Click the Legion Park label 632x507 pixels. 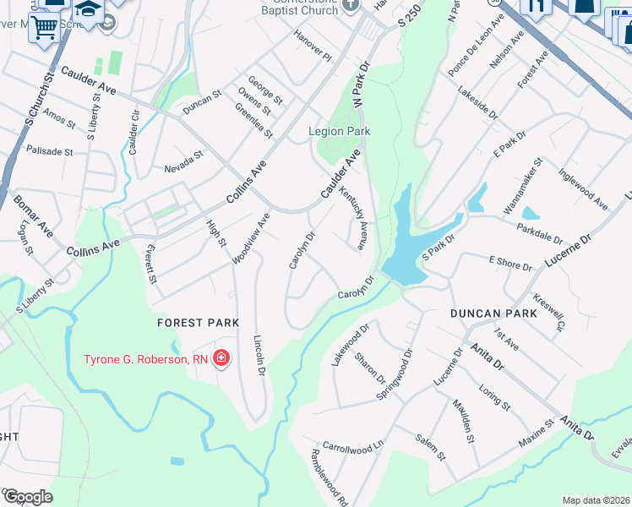(340, 132)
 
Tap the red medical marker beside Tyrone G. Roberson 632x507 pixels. (221, 359)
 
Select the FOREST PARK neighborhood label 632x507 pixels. (199, 323)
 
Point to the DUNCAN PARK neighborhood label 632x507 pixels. (505, 313)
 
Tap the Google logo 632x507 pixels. (27, 497)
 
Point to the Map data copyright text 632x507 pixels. (597, 500)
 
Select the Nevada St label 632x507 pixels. (184, 161)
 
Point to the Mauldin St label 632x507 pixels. (462, 421)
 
